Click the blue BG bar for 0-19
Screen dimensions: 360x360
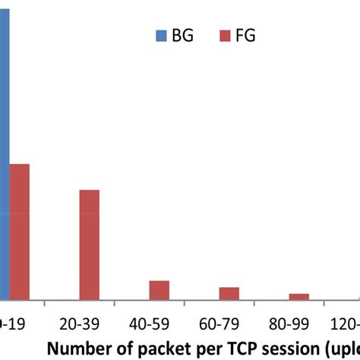point(4,152)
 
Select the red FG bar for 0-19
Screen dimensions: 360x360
point(19,232)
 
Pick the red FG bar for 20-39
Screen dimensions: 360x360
point(89,245)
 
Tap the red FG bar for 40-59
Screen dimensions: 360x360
point(159,290)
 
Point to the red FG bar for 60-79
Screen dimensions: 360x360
point(229,293)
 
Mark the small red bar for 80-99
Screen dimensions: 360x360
point(298,296)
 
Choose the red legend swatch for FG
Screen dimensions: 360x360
point(225,35)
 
